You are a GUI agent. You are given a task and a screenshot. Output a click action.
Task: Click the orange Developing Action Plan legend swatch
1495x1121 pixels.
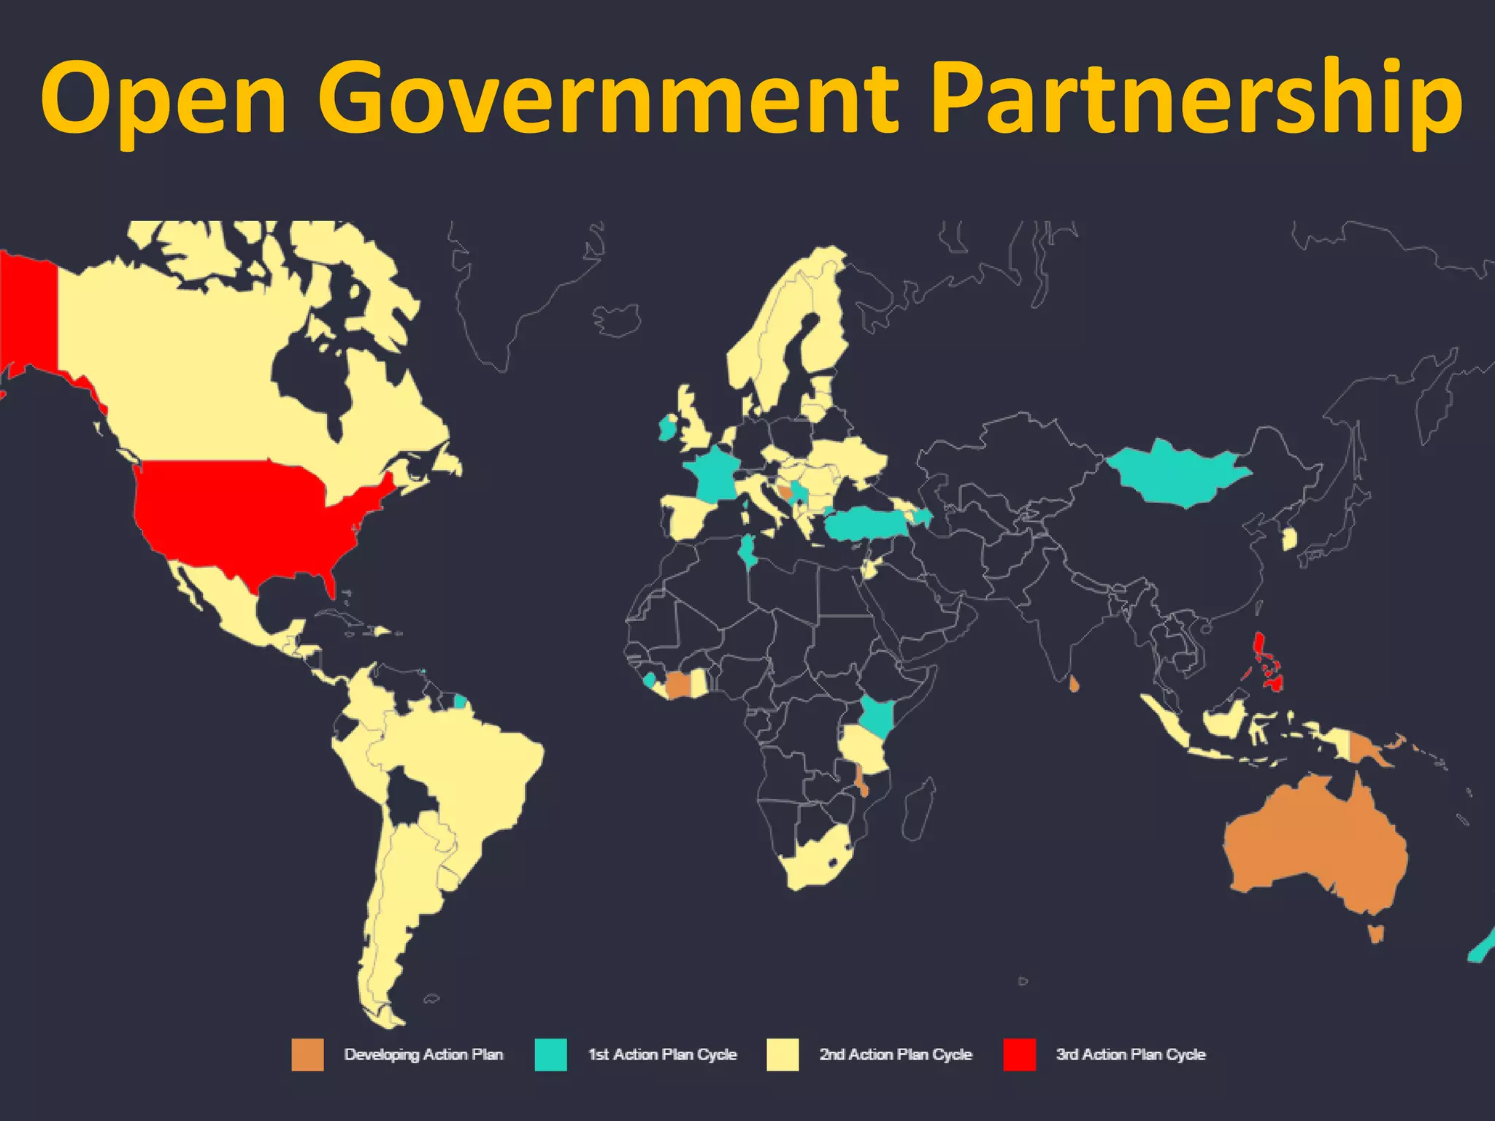(x=307, y=1055)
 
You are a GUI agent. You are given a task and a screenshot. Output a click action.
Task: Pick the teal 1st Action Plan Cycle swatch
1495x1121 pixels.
(x=550, y=1055)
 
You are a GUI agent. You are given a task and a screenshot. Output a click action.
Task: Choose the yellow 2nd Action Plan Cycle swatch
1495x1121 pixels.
(x=783, y=1055)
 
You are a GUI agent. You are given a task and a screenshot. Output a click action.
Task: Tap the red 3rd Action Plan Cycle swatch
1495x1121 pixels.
(x=1019, y=1055)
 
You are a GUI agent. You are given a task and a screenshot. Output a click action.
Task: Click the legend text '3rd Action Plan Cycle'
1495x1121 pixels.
(x=1130, y=1055)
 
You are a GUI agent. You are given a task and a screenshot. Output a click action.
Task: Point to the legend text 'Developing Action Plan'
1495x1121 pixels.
(x=423, y=1055)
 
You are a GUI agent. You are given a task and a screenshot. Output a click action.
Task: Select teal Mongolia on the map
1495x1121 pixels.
(x=1175, y=474)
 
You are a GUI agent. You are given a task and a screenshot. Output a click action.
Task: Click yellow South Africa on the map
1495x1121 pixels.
(x=814, y=861)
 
